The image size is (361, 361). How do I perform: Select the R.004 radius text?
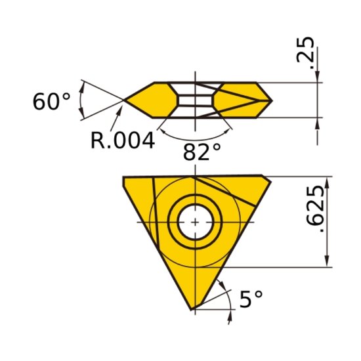(122, 140)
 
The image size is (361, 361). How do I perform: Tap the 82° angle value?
(202, 153)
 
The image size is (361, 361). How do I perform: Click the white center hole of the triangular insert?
(195, 222)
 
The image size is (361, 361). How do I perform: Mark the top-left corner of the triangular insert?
(125, 177)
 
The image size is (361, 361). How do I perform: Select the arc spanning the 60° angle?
(80, 100)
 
